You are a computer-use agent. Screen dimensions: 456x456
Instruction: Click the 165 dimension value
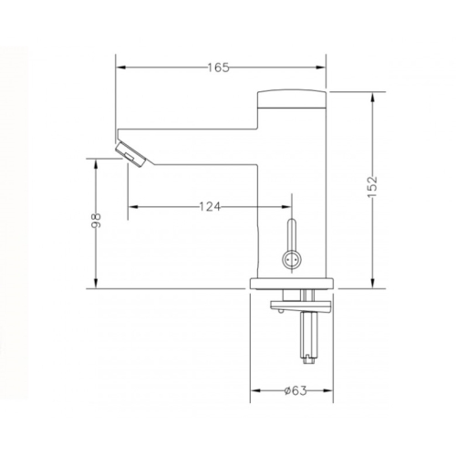(x=218, y=67)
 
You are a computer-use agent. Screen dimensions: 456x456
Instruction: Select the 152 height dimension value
(x=373, y=186)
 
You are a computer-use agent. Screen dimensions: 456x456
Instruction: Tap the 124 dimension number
(x=210, y=207)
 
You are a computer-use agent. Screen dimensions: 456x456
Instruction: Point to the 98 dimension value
(x=96, y=220)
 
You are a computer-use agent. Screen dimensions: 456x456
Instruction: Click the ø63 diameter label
(x=295, y=390)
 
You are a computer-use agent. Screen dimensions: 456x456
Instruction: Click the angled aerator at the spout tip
(x=130, y=155)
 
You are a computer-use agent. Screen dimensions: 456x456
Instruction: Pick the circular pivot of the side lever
(x=292, y=259)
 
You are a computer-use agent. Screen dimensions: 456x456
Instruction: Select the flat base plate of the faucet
(x=292, y=284)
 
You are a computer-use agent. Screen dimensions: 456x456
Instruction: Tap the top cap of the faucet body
(x=292, y=98)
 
